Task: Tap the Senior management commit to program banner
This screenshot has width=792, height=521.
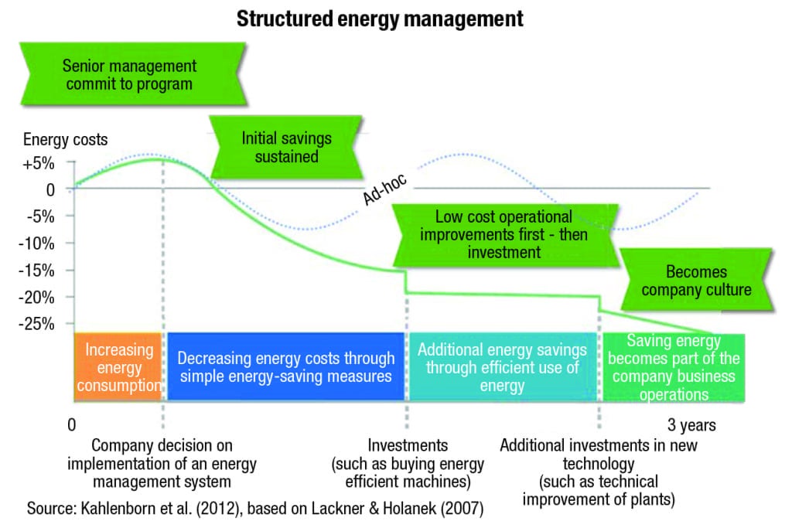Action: click(x=129, y=75)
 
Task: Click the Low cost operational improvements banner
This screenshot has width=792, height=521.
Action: click(x=504, y=234)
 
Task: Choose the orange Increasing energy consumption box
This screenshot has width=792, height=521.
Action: click(x=118, y=367)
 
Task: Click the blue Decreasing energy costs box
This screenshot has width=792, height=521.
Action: click(x=285, y=367)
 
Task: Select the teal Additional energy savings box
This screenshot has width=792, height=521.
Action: click(x=502, y=367)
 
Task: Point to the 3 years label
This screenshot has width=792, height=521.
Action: click(x=691, y=424)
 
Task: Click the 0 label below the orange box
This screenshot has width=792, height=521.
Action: click(x=71, y=425)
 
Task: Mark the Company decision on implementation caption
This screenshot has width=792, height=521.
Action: click(x=162, y=463)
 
